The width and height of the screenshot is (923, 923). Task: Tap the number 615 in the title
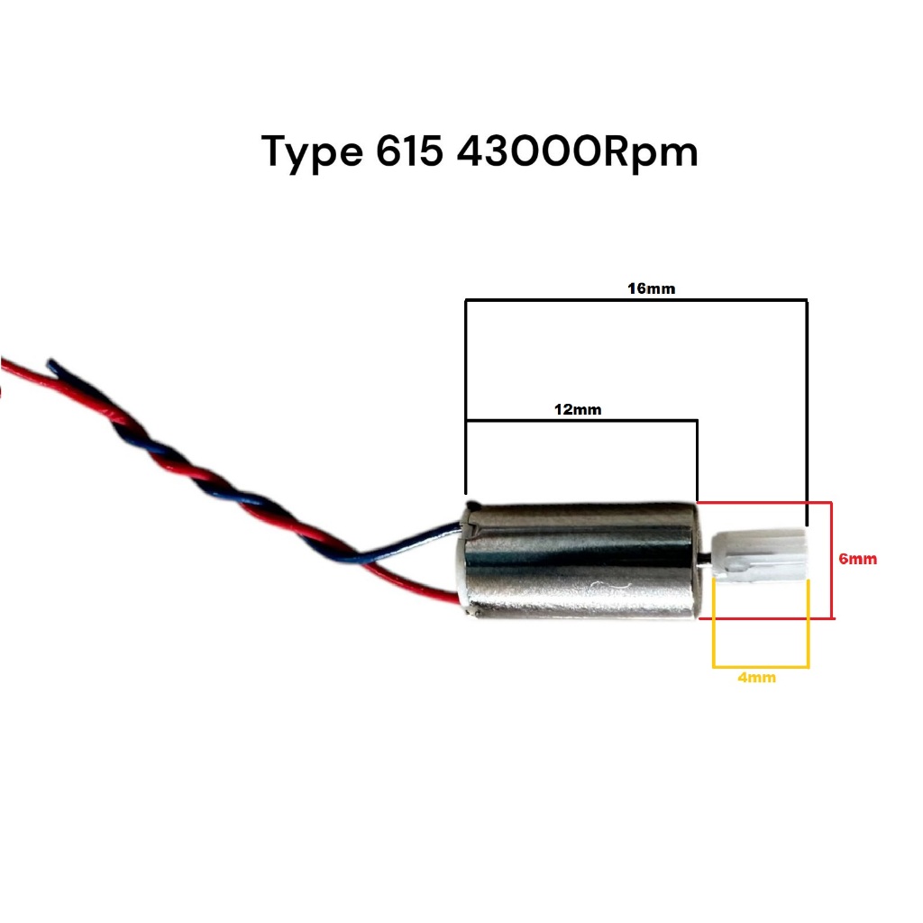(x=406, y=151)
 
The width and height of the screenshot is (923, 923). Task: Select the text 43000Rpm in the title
(x=578, y=151)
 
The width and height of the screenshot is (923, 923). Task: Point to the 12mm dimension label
(x=578, y=409)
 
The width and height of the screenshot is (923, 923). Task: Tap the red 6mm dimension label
(x=857, y=559)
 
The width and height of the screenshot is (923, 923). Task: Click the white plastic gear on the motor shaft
(x=759, y=555)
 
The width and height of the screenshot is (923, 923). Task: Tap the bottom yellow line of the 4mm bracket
(x=761, y=668)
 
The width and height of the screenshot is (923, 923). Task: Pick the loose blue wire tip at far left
(x=51, y=366)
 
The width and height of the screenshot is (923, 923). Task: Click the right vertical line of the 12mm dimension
(x=697, y=460)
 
